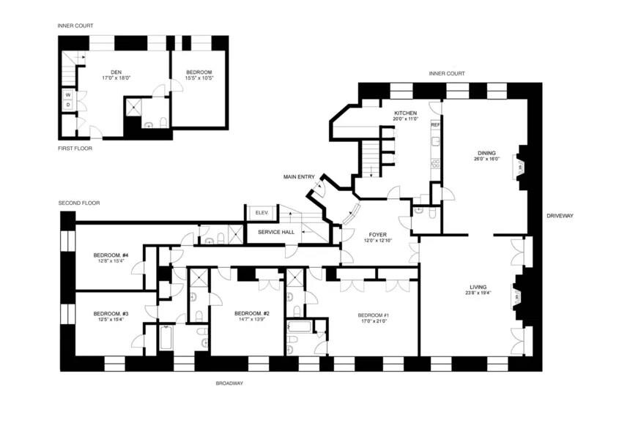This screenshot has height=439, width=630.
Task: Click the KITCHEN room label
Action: pyautogui.click(x=405, y=113)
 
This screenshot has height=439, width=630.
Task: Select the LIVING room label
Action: pyautogui.click(x=478, y=286)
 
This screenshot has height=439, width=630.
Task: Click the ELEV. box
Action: pyautogui.click(x=262, y=212)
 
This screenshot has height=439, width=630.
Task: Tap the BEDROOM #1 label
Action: pyautogui.click(x=374, y=315)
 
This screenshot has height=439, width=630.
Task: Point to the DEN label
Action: pyautogui.click(x=116, y=72)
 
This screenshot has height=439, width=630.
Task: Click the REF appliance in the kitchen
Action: pyautogui.click(x=435, y=125)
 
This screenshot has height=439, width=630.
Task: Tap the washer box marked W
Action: pyautogui.click(x=67, y=94)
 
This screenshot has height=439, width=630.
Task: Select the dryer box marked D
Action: pyautogui.click(x=67, y=105)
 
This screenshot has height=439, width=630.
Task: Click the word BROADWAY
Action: pyautogui.click(x=229, y=383)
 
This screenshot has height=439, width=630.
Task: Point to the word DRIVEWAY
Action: pyautogui.click(x=560, y=216)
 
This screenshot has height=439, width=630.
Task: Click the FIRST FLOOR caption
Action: pyautogui.click(x=75, y=149)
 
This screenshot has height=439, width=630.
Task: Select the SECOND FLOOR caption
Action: pyautogui.click(x=79, y=203)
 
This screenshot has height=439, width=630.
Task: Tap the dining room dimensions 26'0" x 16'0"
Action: pyautogui.click(x=486, y=159)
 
